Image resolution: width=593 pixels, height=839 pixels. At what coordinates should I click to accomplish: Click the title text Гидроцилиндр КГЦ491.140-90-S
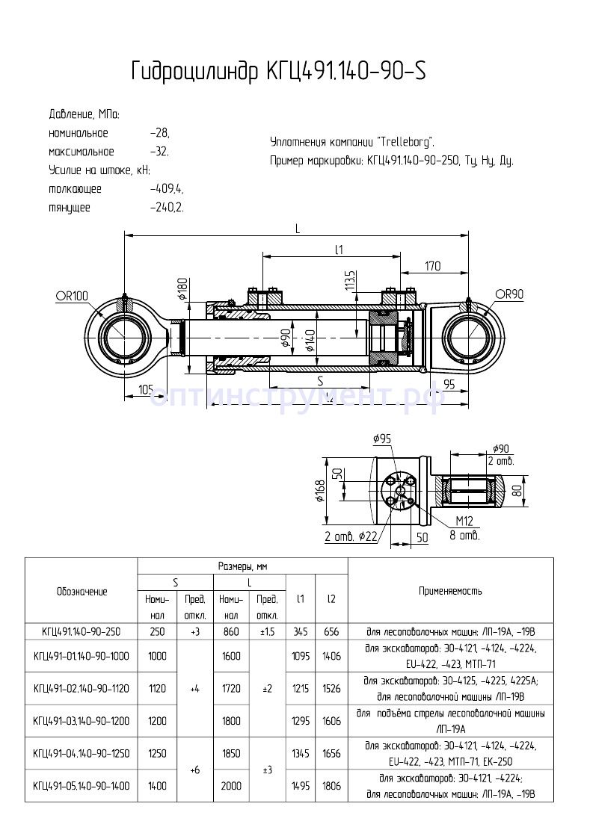tap(279, 70)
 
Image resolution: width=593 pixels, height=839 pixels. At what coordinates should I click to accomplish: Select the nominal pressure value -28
tap(160, 133)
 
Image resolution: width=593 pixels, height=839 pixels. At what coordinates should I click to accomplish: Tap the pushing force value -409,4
tap(167, 189)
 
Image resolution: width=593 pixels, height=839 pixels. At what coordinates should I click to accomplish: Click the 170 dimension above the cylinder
tap(432, 265)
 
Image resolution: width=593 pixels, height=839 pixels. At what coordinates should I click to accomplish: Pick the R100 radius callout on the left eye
tap(72, 296)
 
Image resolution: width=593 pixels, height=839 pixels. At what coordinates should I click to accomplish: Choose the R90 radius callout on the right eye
tap(508, 294)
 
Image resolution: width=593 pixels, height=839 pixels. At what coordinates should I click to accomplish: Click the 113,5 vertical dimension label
tap(349, 281)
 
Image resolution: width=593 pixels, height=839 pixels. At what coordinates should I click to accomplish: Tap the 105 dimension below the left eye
tap(146, 388)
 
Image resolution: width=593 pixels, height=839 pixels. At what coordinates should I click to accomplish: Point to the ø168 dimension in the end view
tap(319, 491)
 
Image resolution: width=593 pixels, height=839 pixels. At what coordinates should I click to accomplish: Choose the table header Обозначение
tap(82, 591)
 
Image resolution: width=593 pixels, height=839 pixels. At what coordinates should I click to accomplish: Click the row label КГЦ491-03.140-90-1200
tap(82, 721)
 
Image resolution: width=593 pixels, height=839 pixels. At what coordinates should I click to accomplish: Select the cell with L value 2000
tap(231, 786)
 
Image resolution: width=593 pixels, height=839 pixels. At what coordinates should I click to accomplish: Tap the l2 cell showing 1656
tap(331, 754)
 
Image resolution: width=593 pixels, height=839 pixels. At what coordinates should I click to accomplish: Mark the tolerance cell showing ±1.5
tap(268, 631)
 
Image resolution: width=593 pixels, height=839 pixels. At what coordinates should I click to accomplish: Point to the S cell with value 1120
tap(156, 688)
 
